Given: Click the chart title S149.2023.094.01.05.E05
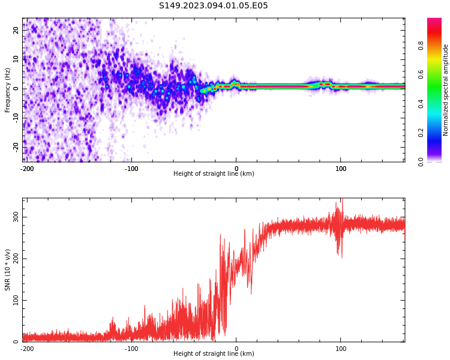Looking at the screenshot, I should pos(213,6).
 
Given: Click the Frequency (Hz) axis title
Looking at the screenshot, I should pos(8,90).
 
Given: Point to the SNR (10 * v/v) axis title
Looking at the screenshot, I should pos(8,270).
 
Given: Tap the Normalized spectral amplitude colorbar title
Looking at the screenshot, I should pos(446,90).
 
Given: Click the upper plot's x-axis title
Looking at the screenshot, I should pos(214,174).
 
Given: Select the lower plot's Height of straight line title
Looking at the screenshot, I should pos(214,354).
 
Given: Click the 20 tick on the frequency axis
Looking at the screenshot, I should pos(16,30).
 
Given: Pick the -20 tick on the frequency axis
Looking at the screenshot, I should pos(16,146).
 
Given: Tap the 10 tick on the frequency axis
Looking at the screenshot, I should pos(16,59).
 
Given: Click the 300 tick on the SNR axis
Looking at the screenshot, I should pos(16,217).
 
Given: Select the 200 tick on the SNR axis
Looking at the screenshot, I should pos(16,259).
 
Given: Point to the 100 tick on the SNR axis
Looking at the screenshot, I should pos(16,300).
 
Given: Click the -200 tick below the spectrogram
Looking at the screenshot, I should pos(26,169).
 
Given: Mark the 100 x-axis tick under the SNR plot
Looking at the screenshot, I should pos(341,349).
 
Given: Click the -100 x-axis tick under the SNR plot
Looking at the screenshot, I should pos(131,349).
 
